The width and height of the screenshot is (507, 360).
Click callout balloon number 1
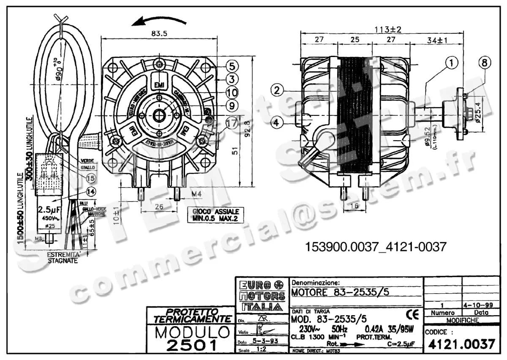click(x=452, y=63)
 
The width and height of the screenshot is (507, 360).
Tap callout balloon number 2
click(x=277, y=90)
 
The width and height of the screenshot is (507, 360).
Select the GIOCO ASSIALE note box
click(x=215, y=214)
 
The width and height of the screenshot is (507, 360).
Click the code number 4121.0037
click(x=461, y=344)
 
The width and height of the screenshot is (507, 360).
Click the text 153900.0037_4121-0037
click(x=375, y=247)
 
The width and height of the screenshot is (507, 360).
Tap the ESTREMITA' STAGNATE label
click(x=63, y=258)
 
